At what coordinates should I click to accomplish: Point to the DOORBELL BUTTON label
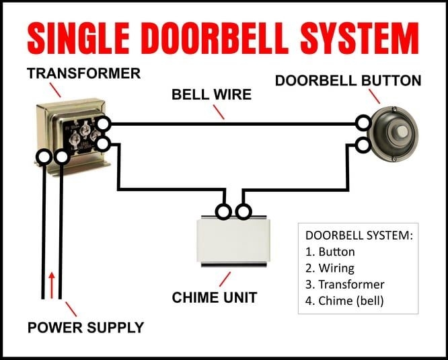(348, 81)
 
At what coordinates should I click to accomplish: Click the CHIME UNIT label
(215, 297)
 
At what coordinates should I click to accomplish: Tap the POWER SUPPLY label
(85, 328)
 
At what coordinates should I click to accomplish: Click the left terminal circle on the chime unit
(223, 213)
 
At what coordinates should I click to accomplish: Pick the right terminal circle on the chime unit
(244, 213)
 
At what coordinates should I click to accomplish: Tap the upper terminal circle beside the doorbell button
(363, 123)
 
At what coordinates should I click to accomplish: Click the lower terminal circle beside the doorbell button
(363, 145)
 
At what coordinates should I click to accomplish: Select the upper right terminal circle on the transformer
(103, 124)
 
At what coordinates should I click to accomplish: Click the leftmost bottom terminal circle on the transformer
(44, 157)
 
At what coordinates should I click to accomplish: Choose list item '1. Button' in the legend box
(330, 252)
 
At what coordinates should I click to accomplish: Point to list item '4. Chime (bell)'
(344, 301)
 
